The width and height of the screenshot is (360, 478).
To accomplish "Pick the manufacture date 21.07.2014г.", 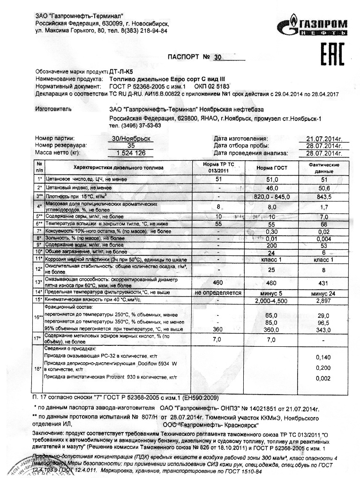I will pyautogui.click(x=324, y=139).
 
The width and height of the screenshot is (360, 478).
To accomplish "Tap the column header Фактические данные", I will pyautogui.click(x=324, y=168).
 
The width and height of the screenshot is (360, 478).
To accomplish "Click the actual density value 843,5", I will pyautogui.click(x=324, y=197).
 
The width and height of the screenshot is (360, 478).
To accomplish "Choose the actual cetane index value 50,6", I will pyautogui.click(x=324, y=188).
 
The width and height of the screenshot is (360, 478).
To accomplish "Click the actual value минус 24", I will pyautogui.click(x=324, y=293).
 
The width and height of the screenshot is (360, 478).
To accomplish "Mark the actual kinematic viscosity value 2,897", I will pyautogui.click(x=324, y=300).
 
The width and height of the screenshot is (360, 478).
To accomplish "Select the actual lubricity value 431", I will pyautogui.click(x=324, y=283).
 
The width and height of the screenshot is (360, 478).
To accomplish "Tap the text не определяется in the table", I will pyautogui.click(x=218, y=293).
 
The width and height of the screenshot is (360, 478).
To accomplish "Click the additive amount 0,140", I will pyautogui.click(x=324, y=357).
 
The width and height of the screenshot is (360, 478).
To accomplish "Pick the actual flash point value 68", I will pyautogui.click(x=324, y=224).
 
